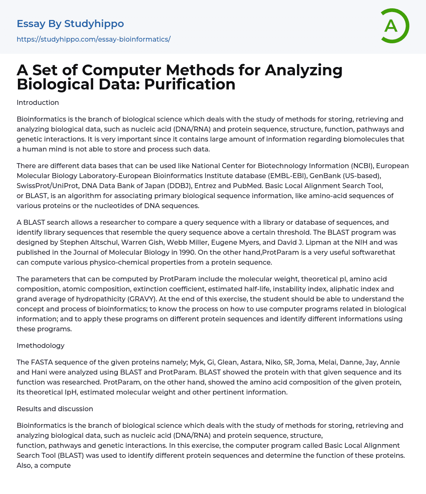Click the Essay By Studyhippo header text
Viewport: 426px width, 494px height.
tap(70, 24)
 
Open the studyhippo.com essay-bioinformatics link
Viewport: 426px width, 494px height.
tap(94, 39)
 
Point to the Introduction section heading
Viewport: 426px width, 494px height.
tap(38, 102)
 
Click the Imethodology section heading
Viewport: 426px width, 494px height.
tap(40, 345)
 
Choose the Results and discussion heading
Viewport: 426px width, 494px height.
tap(55, 409)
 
